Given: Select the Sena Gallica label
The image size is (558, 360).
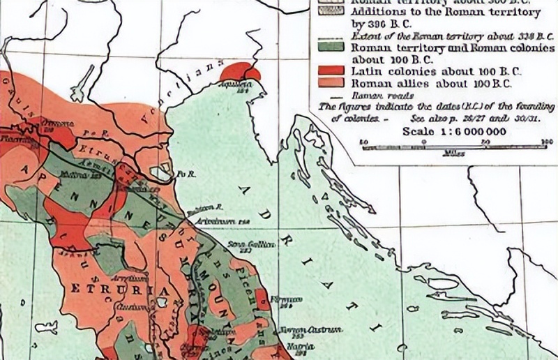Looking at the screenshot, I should click(244, 244).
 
